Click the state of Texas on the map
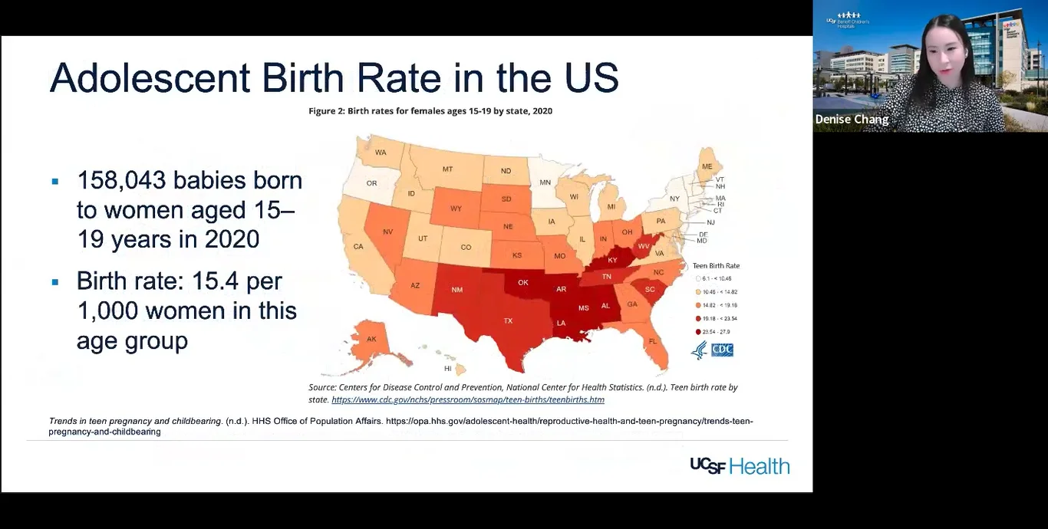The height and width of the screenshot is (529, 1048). (507, 321)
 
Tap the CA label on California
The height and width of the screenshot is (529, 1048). (358, 247)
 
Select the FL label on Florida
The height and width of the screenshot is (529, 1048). (653, 341)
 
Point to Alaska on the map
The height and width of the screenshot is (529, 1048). (371, 339)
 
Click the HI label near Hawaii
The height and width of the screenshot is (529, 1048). (448, 369)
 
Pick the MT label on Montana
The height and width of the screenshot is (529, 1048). (447, 169)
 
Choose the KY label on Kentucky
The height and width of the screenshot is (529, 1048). (612, 260)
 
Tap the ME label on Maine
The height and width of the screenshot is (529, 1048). (707, 166)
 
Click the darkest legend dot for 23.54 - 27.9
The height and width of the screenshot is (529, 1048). (698, 332)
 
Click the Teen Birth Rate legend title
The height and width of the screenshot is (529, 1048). (716, 266)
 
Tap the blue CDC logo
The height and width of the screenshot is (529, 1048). (722, 350)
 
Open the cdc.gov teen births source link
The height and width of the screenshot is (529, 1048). (468, 400)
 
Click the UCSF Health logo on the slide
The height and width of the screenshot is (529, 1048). (740, 465)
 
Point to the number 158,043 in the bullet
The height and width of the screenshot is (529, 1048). (122, 180)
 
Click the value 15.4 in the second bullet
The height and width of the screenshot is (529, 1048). (214, 281)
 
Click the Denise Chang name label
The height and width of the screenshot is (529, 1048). (852, 120)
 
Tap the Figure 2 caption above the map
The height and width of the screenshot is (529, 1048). (430, 111)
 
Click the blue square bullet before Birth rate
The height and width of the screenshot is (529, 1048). (55, 282)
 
